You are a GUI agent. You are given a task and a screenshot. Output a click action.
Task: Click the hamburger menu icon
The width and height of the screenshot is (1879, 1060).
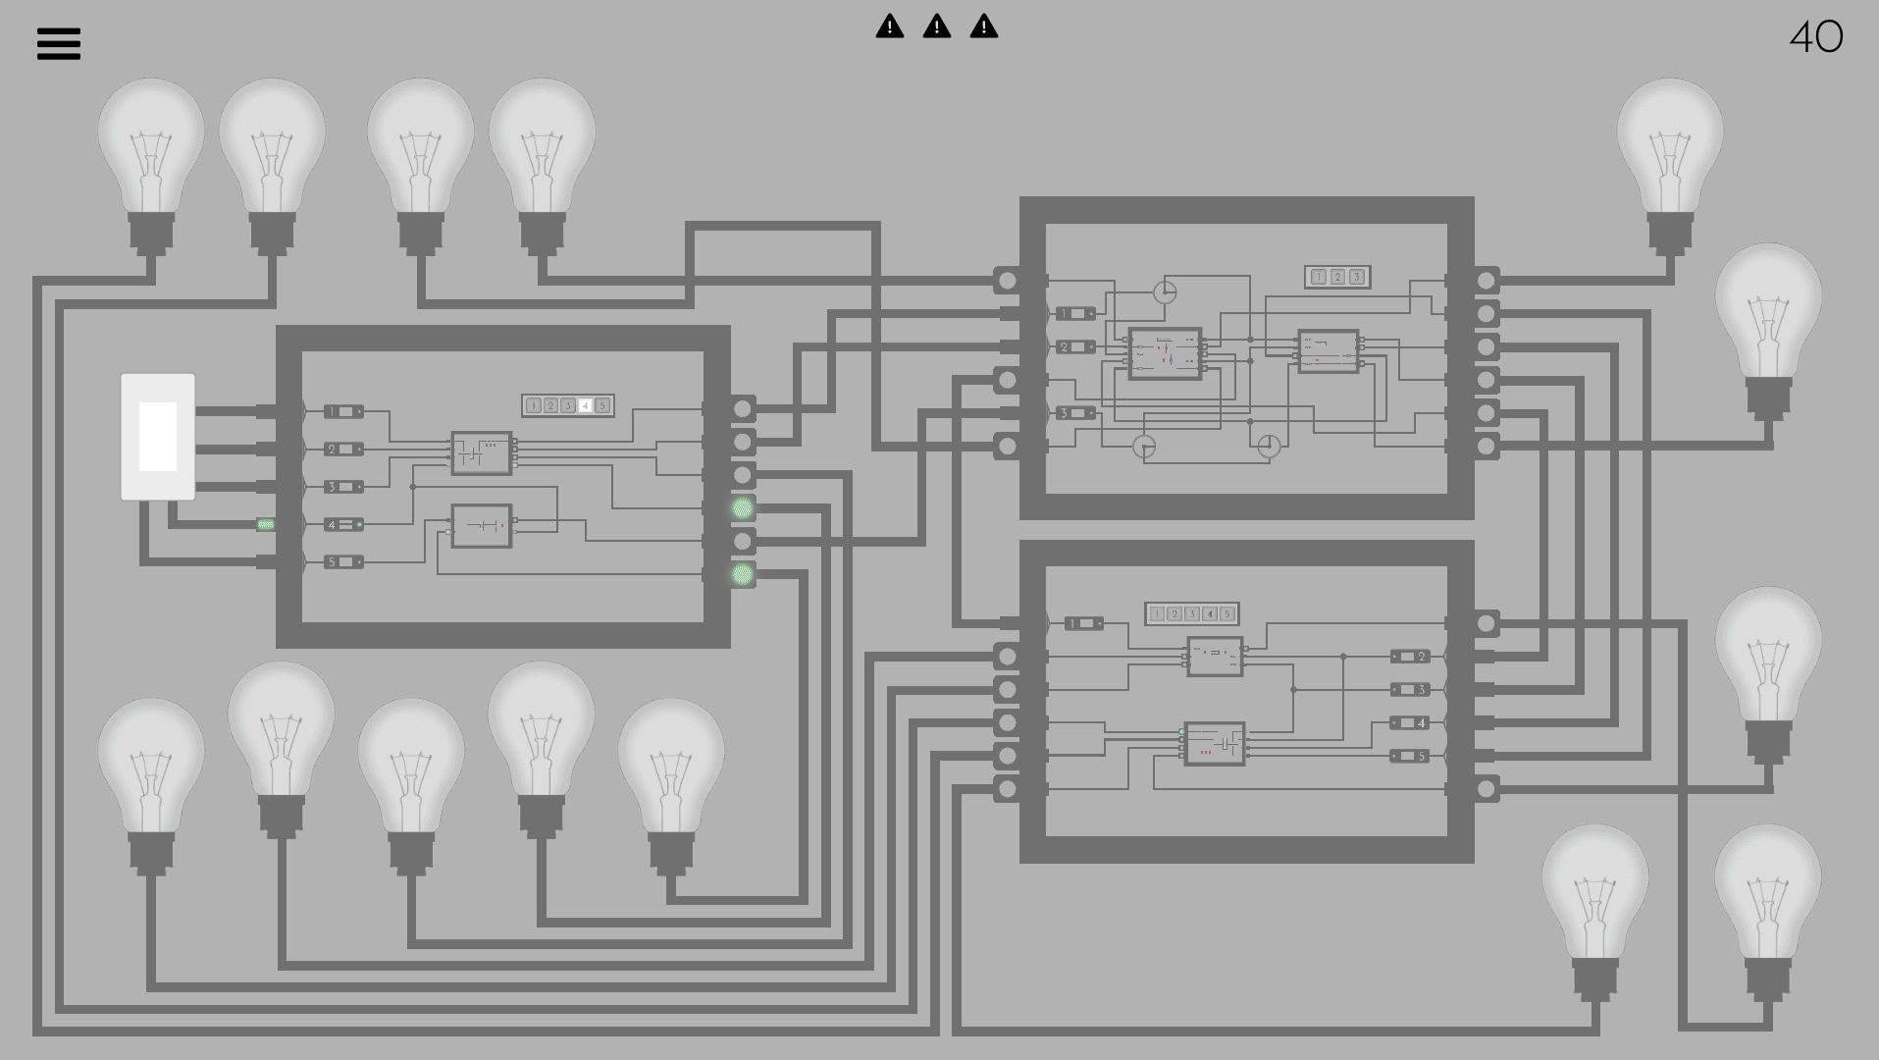59,43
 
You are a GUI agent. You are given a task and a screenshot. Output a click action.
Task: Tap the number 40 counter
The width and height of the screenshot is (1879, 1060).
1816,38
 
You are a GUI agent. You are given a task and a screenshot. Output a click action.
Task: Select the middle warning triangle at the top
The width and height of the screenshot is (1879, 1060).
937,26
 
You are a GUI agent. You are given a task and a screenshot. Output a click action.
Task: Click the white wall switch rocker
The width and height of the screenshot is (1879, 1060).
158,437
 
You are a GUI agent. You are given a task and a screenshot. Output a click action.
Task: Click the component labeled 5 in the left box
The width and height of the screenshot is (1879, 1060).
343,562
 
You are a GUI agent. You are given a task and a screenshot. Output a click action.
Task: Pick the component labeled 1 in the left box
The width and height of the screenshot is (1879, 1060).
343,411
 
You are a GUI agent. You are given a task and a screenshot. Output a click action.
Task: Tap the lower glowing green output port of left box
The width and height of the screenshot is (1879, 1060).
743,575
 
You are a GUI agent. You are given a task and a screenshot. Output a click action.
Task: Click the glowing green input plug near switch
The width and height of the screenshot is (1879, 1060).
265,525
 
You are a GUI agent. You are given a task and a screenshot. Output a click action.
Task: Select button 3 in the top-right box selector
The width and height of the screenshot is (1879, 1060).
1356,278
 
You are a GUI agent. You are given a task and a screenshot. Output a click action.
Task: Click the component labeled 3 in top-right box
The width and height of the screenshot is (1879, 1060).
1075,413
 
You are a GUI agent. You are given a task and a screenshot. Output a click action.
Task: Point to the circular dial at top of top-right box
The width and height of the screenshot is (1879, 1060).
1164,291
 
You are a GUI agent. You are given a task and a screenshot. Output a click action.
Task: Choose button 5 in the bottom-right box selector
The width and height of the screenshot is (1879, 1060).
1227,614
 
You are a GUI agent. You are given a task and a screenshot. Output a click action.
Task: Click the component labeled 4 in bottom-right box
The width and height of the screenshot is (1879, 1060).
1410,723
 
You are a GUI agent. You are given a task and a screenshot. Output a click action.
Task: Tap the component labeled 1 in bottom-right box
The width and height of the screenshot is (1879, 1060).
1083,623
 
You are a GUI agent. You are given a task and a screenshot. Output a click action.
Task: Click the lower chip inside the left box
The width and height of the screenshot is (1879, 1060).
481,526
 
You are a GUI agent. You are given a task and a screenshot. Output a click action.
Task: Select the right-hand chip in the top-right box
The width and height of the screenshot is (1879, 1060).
1329,351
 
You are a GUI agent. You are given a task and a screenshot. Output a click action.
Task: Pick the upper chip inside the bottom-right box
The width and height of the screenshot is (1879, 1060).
1215,657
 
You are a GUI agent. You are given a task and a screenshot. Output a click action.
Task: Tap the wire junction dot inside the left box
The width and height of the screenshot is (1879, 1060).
413,487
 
